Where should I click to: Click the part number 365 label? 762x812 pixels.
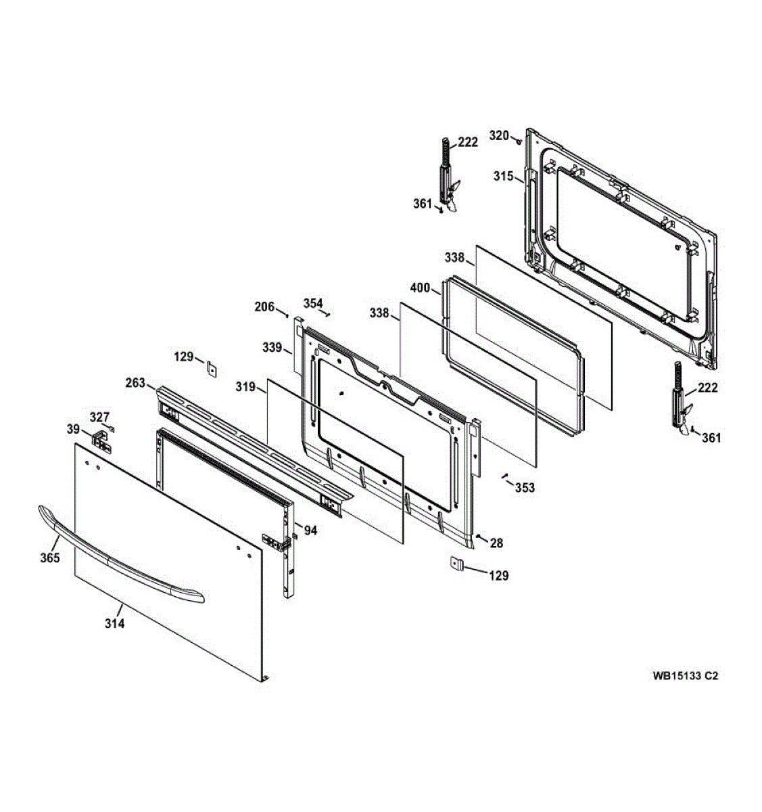click(49, 558)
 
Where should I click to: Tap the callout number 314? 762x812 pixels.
click(114, 624)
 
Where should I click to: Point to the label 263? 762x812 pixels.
click(135, 383)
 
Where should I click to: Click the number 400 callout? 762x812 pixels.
click(419, 288)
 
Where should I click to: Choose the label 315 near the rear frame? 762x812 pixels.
click(503, 176)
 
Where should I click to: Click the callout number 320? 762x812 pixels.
click(498, 135)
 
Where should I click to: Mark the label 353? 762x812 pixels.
click(525, 487)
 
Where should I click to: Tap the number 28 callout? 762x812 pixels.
click(497, 543)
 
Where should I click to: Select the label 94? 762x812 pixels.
click(310, 531)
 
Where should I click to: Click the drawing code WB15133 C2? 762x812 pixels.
click(685, 675)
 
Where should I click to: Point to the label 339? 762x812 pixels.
click(272, 347)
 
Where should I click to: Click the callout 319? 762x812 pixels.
click(245, 387)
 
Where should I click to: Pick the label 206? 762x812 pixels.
click(264, 307)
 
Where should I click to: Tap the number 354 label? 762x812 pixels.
click(312, 303)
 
